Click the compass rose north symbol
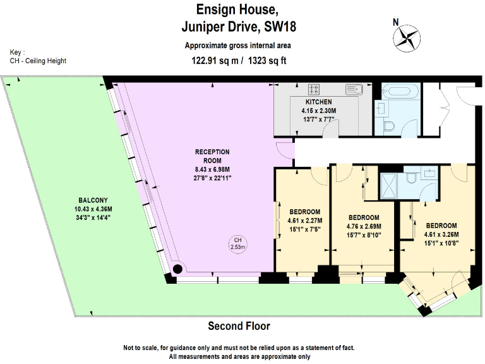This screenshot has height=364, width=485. click(407, 36)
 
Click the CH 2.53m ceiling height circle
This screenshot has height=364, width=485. click(237, 243)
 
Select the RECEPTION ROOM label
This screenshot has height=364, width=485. click(212, 155)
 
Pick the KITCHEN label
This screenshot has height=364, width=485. click(318, 102)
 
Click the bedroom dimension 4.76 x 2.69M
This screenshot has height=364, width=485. click(364, 226)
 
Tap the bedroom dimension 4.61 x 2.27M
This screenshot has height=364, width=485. click(304, 221)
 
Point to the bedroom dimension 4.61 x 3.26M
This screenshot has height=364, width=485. click(442, 234)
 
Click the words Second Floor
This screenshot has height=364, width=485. click(239, 326)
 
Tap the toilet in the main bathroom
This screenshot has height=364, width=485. click(388, 125)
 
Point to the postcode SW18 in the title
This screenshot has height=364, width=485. click(280, 27)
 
